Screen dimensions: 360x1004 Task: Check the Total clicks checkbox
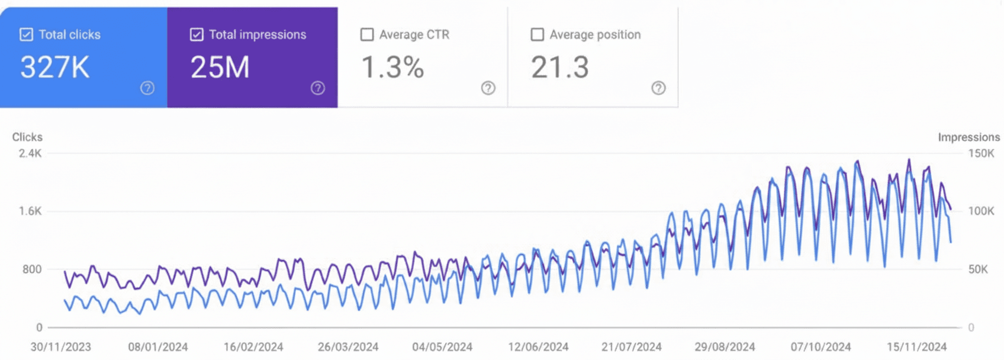pos(26,34)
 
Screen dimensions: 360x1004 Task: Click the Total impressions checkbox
pos(197,34)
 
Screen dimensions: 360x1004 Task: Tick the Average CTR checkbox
pos(367,34)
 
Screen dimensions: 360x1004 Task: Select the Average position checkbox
pos(537,34)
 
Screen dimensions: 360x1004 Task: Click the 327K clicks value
pos(55,67)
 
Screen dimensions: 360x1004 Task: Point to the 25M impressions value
pos(220,67)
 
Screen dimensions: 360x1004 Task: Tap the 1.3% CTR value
pos(392,67)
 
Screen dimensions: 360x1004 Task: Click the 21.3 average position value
pos(559,67)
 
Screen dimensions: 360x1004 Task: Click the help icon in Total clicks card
pos(147,88)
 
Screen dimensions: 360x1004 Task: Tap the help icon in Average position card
pos(658,88)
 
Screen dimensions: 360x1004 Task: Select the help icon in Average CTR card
pos(488,88)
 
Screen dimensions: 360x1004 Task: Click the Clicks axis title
pos(27,137)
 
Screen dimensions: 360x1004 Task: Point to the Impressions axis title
pos(968,137)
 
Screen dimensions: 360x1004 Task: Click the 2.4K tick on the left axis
pos(30,153)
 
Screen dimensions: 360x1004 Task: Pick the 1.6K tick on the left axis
pos(30,211)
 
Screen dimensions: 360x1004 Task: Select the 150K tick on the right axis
pos(981,153)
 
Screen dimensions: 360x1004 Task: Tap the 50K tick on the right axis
pos(978,269)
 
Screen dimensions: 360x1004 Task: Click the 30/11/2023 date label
pos(61,347)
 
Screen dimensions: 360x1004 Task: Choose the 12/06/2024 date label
pos(538,347)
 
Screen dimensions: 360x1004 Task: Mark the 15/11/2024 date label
pos(916,347)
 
